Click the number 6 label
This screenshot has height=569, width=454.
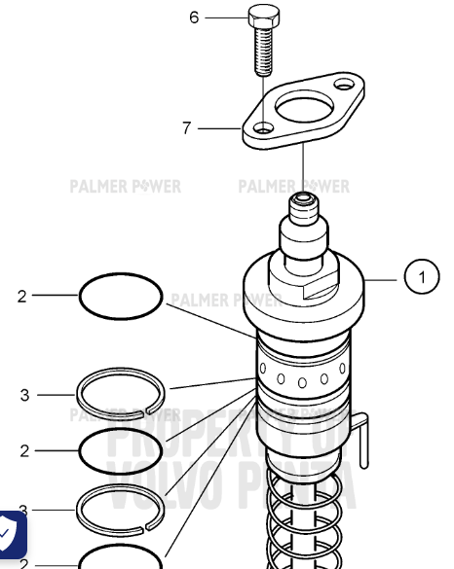[x=194, y=18]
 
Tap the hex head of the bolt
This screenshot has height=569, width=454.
[x=260, y=18]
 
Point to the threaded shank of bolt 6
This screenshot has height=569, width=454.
[x=260, y=53]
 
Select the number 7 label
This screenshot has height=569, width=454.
[x=187, y=127]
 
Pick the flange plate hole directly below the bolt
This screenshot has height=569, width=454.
[x=264, y=127]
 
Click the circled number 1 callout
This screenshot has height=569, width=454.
[x=422, y=279]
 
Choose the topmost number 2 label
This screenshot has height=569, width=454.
[x=22, y=297]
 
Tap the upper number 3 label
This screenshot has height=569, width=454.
[x=25, y=395]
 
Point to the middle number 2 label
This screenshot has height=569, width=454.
[x=25, y=450]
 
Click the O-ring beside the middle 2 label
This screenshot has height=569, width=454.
[x=119, y=450]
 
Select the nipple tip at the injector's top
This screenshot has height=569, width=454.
[x=303, y=204]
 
